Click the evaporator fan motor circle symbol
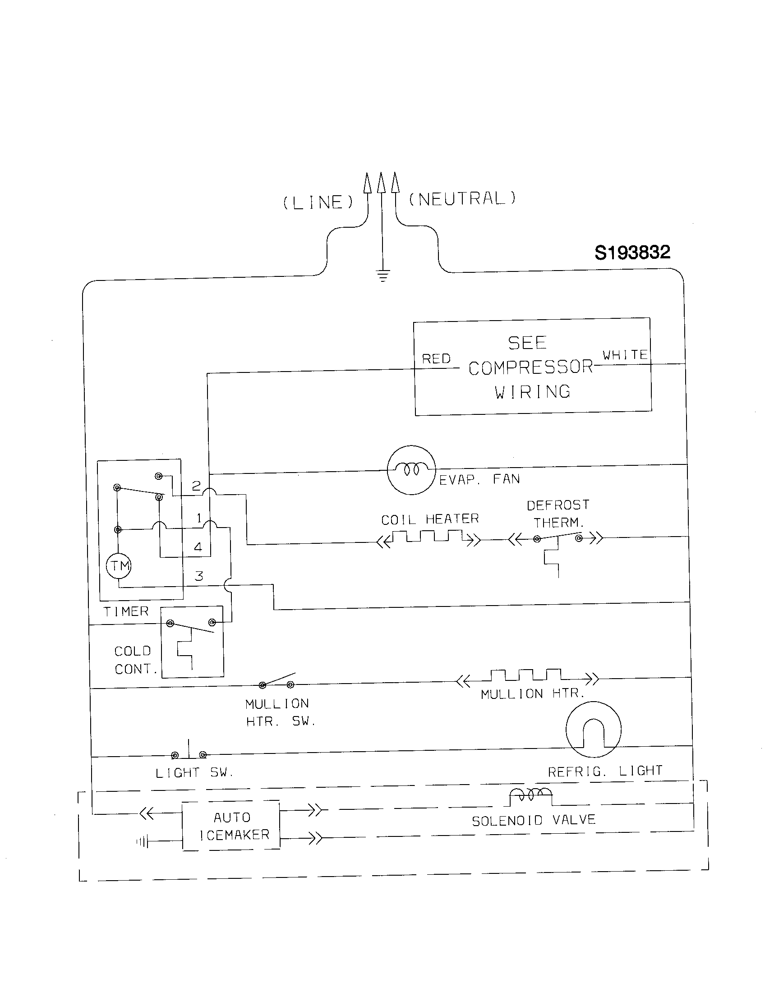click(x=411, y=470)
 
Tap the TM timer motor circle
click(x=119, y=566)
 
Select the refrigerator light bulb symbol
click(x=593, y=730)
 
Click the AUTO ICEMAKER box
click(x=231, y=826)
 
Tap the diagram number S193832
click(x=632, y=253)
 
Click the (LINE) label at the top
click(x=318, y=202)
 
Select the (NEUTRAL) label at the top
click(x=462, y=199)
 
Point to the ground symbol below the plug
click(x=383, y=276)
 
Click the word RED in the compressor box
click(x=436, y=359)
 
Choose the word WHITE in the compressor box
click(x=625, y=355)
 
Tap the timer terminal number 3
click(x=199, y=576)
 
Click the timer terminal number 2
click(x=196, y=486)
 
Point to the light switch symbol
click(x=189, y=753)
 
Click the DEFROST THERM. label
click(x=558, y=514)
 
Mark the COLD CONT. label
click(x=135, y=660)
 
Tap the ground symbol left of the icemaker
click(x=143, y=843)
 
